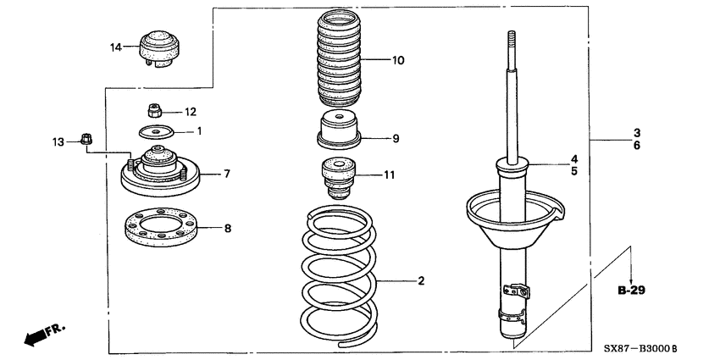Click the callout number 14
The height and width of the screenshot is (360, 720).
click(x=116, y=47)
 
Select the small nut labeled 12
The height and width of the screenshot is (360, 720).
click(x=155, y=110)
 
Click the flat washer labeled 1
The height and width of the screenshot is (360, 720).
click(x=155, y=131)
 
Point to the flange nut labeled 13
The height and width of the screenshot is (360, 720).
click(x=86, y=140)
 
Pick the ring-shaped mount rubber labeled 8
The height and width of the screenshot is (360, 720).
click(x=158, y=227)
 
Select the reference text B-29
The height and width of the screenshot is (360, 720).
click(x=631, y=291)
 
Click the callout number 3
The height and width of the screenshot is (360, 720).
click(x=636, y=133)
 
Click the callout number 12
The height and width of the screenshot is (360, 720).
click(x=191, y=111)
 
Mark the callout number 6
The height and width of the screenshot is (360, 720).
click(x=636, y=146)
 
